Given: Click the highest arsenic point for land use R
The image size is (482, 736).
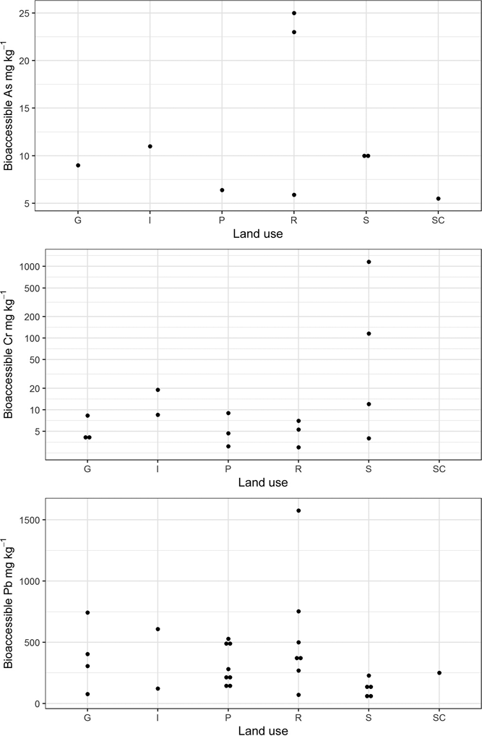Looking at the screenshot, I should click(294, 13).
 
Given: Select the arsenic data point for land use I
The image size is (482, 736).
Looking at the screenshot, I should click(150, 146).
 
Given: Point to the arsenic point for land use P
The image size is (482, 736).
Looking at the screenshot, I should click(222, 190).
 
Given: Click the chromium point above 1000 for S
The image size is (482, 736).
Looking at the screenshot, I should click(369, 262).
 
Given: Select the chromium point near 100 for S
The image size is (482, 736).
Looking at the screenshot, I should click(369, 333).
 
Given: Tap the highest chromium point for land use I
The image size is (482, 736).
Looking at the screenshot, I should click(158, 390).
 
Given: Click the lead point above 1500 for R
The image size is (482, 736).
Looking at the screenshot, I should click(298, 510).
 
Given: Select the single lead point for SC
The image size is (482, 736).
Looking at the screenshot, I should click(439, 673).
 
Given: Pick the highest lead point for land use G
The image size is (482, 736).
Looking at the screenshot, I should click(87, 612).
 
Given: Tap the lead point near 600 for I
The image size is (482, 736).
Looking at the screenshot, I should click(158, 629).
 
